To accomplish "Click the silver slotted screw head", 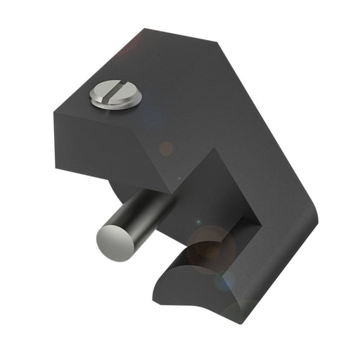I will (x=116, y=95).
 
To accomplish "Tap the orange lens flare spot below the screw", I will (x=166, y=148).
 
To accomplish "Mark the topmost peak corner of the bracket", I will (x=146, y=29).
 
